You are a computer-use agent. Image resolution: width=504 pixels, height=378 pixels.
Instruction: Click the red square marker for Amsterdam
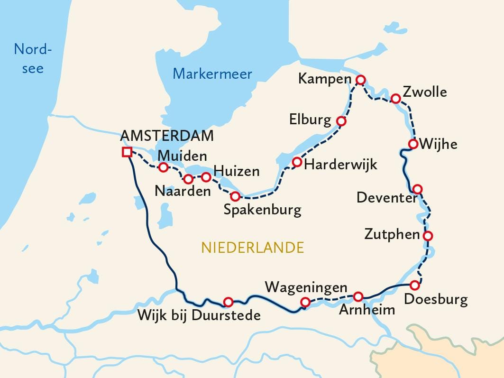tap(127, 152)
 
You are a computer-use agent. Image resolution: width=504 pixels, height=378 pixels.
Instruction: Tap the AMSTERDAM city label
tap(167, 136)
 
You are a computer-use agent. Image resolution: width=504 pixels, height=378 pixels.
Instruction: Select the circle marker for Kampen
tap(360, 80)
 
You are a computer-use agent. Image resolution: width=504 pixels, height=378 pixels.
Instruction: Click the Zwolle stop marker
tap(395, 99)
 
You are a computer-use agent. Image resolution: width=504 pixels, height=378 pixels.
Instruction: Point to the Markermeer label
tap(212, 74)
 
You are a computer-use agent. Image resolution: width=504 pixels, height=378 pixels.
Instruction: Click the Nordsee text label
tap(32, 58)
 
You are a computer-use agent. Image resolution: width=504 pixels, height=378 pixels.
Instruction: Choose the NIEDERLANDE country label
tap(252, 247)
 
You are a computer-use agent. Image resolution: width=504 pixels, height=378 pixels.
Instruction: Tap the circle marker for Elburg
tap(341, 121)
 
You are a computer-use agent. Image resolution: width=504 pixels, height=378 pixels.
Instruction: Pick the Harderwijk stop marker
tap(297, 162)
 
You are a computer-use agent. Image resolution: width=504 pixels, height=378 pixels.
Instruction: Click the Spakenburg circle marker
tap(235, 196)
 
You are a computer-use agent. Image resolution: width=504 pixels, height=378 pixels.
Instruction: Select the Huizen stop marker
tap(206, 177)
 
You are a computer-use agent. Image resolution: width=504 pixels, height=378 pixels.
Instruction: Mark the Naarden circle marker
tap(188, 179)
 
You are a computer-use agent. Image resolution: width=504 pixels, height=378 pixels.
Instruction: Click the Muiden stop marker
tap(163, 167)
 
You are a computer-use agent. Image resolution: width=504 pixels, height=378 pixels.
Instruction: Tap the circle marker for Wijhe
tap(413, 144)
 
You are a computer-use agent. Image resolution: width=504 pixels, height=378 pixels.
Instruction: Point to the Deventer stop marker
tap(417, 189)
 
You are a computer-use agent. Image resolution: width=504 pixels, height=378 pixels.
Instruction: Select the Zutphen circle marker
tap(428, 236)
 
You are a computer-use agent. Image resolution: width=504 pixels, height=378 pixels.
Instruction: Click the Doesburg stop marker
tap(414, 285)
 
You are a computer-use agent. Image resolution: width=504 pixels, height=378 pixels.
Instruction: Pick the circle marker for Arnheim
tap(358, 296)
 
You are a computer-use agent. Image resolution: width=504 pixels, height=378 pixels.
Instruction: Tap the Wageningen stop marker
tap(305, 302)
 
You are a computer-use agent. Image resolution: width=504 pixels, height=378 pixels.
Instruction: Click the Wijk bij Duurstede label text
tap(199, 315)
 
